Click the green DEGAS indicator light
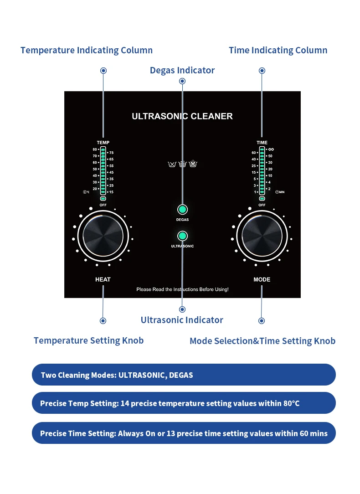click(x=182, y=210)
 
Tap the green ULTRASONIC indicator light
click(x=182, y=236)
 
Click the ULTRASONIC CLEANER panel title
click(x=182, y=116)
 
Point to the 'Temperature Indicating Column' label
click(x=87, y=50)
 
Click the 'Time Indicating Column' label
click(x=278, y=50)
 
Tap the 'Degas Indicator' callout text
click(x=182, y=70)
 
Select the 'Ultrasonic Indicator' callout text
click(x=182, y=320)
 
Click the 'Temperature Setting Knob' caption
click(x=88, y=340)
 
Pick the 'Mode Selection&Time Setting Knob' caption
click(x=262, y=341)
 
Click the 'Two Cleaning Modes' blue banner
click(x=184, y=375)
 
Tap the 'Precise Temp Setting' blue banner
click(x=184, y=403)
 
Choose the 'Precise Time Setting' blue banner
click(x=184, y=433)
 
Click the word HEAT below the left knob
click(x=103, y=279)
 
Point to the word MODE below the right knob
click(x=262, y=279)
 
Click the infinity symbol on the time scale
click(x=271, y=149)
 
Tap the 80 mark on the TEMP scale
click(x=95, y=149)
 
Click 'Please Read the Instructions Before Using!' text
click(x=182, y=289)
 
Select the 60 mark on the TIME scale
click(x=254, y=153)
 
